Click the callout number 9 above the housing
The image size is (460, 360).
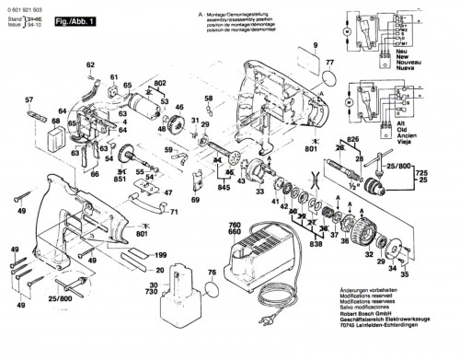click(x=313, y=46)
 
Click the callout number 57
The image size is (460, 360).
click(x=28, y=99)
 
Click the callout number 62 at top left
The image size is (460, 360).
click(x=90, y=64)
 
